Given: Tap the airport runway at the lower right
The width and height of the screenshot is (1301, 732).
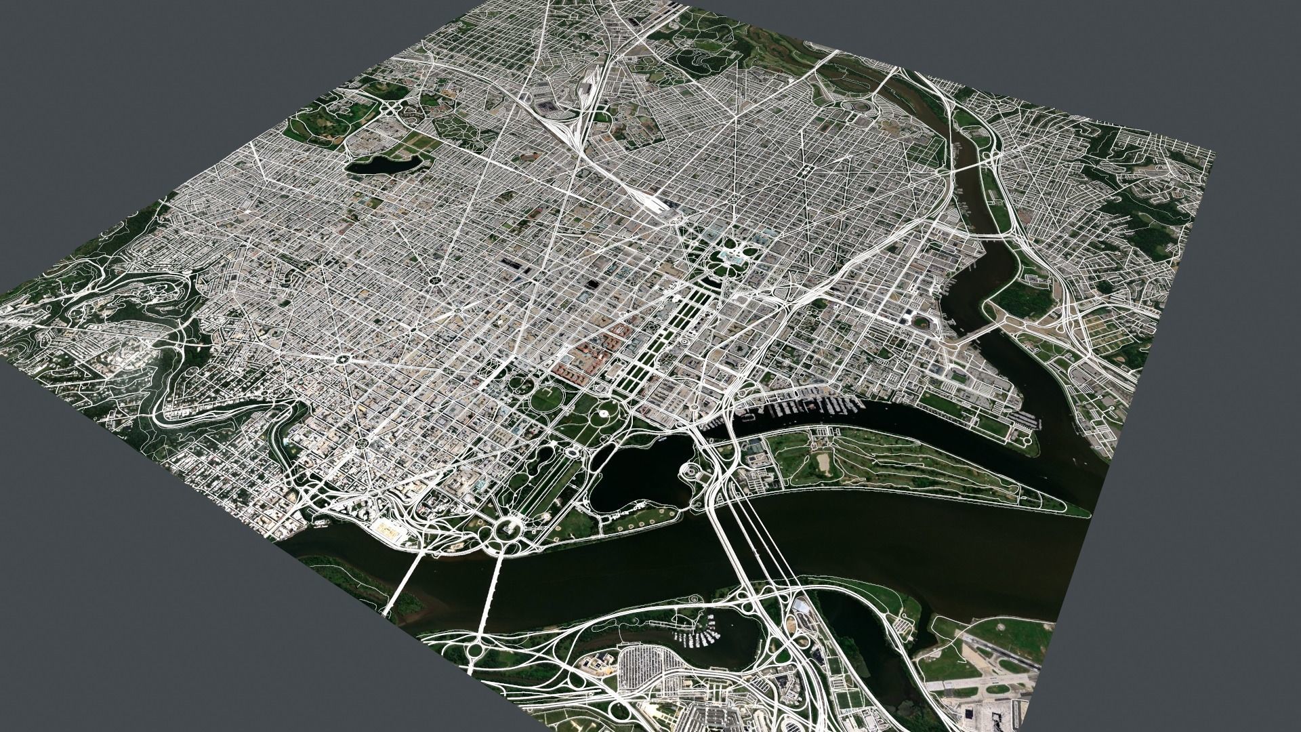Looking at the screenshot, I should (1003, 651).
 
